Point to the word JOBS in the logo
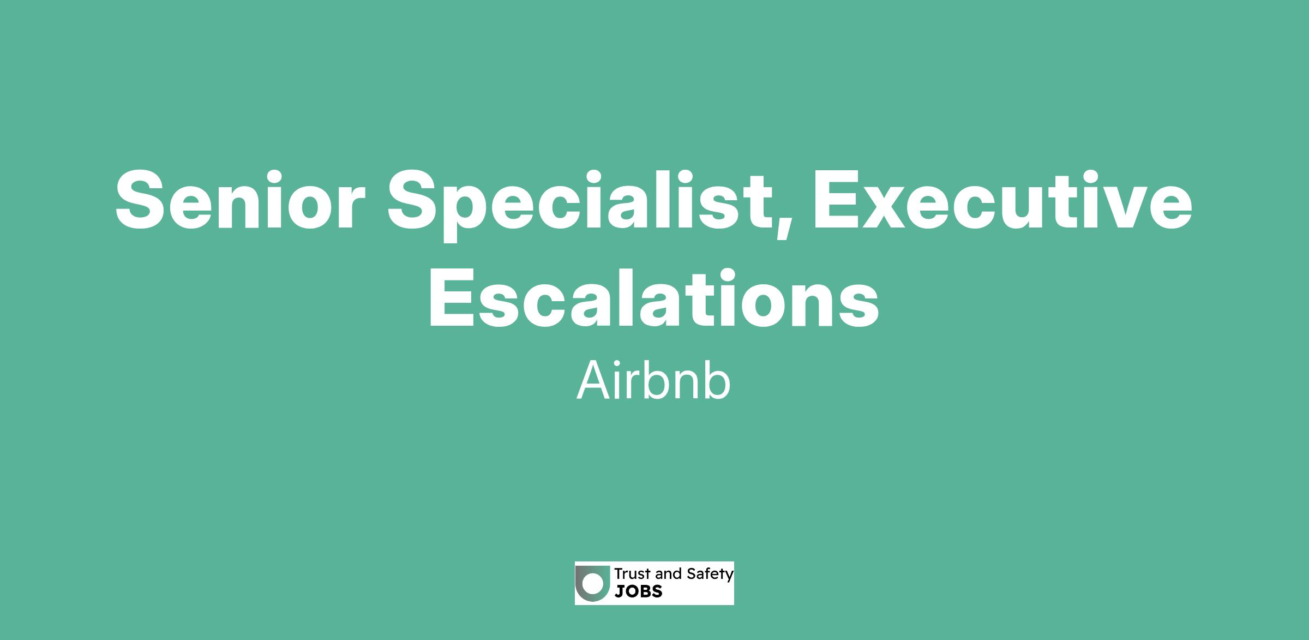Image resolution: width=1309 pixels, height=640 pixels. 639,591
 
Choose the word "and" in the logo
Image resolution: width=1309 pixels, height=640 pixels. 669,574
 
